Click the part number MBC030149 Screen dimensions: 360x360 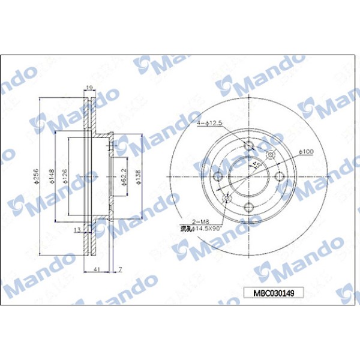click(x=274, y=293)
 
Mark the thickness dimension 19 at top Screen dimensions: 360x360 click(x=89, y=88)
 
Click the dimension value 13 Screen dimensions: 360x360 click(x=77, y=230)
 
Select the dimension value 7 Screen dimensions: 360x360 click(x=120, y=270)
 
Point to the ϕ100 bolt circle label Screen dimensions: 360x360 click(x=307, y=151)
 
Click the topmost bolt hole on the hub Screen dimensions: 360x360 click(x=249, y=146)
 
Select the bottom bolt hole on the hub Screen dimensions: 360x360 click(x=249, y=207)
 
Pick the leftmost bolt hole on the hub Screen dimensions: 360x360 click(x=218, y=176)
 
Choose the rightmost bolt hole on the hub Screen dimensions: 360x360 click(x=280, y=176)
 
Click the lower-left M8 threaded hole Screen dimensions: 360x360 click(x=227, y=198)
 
